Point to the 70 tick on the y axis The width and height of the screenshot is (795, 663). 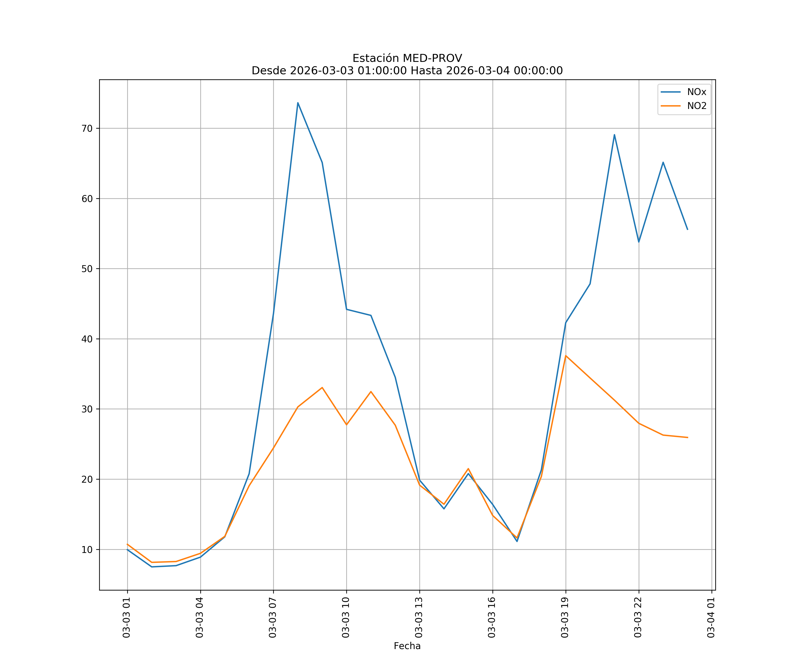tap(87, 128)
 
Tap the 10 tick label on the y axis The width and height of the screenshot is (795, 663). tap(87, 550)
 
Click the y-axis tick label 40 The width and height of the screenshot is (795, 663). tap(87, 339)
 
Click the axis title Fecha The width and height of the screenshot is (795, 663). tap(407, 646)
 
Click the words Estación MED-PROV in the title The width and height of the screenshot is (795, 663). tap(407, 58)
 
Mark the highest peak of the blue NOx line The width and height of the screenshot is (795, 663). tap(298, 103)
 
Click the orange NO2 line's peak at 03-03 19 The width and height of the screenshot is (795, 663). tap(566, 355)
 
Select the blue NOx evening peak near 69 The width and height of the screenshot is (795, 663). tap(614, 135)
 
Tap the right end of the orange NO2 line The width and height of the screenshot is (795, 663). tap(687, 438)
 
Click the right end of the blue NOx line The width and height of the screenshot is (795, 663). tap(687, 229)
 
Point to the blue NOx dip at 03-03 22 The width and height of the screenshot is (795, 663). tap(639, 242)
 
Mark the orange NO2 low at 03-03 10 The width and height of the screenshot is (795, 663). tap(346, 425)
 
